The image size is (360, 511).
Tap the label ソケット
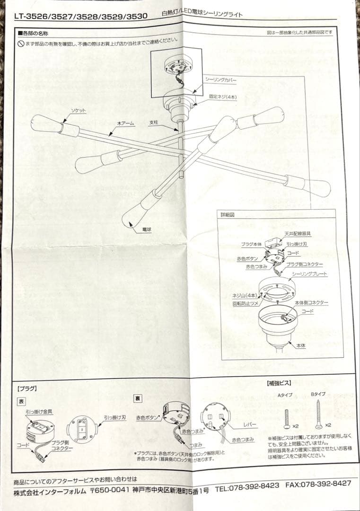79,110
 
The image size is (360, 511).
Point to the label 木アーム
126,123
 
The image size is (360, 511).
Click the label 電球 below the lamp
147,229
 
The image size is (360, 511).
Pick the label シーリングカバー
220,80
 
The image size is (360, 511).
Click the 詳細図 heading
228,214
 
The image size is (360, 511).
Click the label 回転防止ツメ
245,304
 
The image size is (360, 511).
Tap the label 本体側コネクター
311,302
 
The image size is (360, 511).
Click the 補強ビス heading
279,383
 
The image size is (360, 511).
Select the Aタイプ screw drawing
287,418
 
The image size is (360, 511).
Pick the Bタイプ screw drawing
319,415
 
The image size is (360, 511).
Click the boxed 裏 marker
138,399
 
